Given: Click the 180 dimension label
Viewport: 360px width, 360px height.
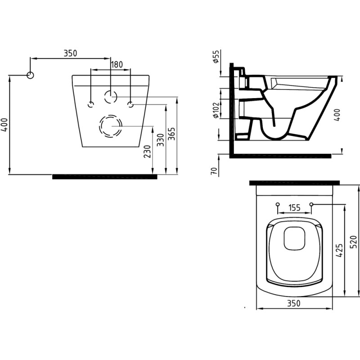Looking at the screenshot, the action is point(117,64).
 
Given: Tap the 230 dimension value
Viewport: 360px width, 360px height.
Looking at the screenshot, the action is point(148,152).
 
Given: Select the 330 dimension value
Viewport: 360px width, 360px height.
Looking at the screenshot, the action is point(161,140).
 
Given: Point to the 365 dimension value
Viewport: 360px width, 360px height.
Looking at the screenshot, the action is point(171,134).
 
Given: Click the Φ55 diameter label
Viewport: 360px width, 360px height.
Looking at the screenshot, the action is point(216,57).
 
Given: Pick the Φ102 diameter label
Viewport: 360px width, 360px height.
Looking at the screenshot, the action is point(216,109).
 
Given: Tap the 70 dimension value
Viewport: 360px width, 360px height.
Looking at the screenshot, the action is point(214,171).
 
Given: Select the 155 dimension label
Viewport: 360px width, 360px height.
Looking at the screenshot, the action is point(294,207).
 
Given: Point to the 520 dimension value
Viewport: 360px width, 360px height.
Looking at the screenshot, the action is point(354,242).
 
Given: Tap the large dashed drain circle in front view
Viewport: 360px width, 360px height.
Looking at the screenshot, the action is point(111,126).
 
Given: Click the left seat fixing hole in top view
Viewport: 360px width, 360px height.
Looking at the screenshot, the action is point(278,204).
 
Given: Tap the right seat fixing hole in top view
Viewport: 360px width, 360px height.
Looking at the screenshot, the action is point(311,204).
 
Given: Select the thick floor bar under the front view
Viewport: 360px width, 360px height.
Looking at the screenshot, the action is point(105,176).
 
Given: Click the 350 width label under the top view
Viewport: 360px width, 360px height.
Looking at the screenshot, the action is point(294,303).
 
